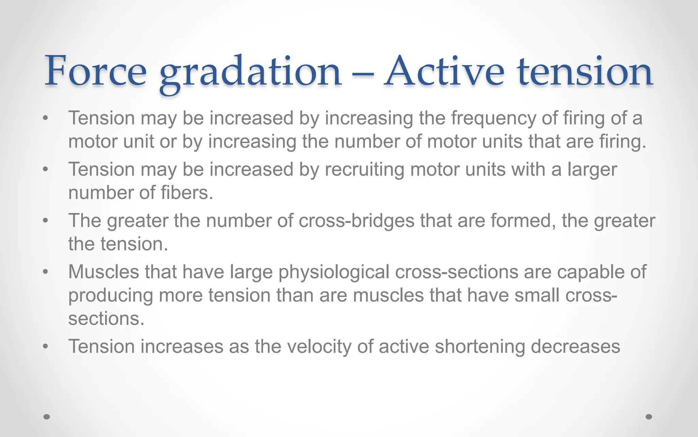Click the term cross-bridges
pyautogui.click(x=356, y=221)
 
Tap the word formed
pyautogui.click(x=523, y=221)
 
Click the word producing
pyautogui.click(x=110, y=296)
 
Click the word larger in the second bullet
pyautogui.click(x=592, y=170)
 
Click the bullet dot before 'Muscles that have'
pyautogui.click(x=46, y=272)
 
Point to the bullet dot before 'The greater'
pyautogui.click(x=46, y=221)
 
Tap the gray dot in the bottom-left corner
pyautogui.click(x=47, y=417)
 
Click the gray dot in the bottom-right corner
pyautogui.click(x=649, y=417)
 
